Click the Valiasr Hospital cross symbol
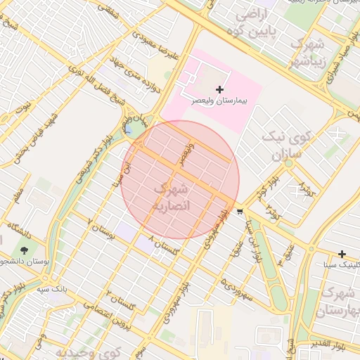click(221, 89)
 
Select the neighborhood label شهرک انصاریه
click(172, 198)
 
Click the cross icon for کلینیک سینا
click(342, 254)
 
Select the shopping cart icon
click(240, 211)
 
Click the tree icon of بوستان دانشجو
click(25, 250)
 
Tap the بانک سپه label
click(51, 289)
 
